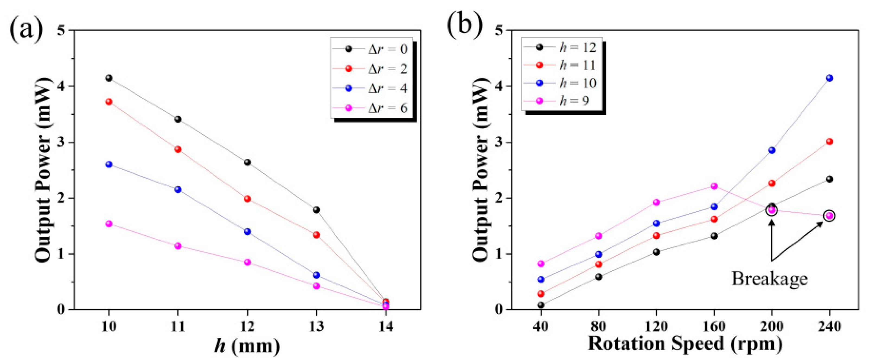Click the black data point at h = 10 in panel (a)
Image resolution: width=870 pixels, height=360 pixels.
[x=109, y=78]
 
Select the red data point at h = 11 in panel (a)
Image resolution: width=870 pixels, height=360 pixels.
[x=178, y=149]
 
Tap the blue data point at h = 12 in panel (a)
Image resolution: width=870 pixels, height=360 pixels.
[x=247, y=232]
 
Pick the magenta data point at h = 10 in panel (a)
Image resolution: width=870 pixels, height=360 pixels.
[x=109, y=224]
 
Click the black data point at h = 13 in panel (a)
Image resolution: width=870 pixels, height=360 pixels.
[x=316, y=210]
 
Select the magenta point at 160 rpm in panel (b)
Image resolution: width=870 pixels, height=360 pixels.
[x=714, y=186]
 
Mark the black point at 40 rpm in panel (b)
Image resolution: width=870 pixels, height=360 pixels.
[x=541, y=305]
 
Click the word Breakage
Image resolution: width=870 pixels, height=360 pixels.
[x=770, y=279]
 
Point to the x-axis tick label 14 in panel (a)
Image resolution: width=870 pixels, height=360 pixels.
[x=386, y=327]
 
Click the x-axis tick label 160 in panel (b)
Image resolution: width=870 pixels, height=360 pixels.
[x=714, y=327]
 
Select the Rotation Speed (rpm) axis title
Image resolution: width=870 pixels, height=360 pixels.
[x=685, y=344]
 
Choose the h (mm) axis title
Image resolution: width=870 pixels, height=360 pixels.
[x=247, y=346]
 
